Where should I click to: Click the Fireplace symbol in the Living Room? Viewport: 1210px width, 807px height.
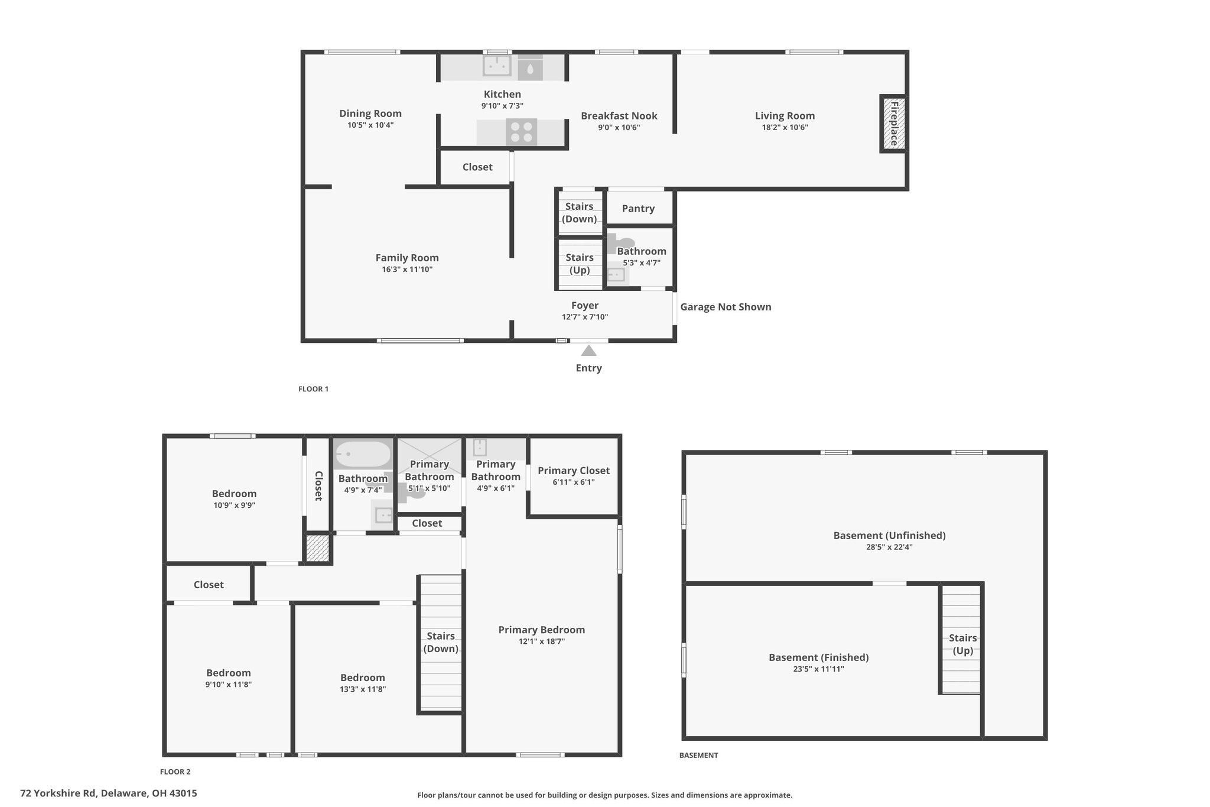coord(893,124)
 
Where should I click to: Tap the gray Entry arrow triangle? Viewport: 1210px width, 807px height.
coord(588,351)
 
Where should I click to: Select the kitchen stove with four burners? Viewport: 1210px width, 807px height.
coord(521,132)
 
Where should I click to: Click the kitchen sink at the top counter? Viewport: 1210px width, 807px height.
coord(497,66)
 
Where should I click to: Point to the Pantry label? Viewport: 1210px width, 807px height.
coord(638,209)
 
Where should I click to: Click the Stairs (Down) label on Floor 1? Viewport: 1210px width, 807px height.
coord(579,213)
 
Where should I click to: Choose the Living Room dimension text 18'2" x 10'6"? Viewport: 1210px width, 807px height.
coord(785,127)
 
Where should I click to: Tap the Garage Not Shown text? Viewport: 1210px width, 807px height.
coord(726,307)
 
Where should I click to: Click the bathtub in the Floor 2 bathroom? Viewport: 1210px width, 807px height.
coord(363,454)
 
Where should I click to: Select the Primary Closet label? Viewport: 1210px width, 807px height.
coord(573,471)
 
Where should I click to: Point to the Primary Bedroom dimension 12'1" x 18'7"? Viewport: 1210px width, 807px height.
coord(542,641)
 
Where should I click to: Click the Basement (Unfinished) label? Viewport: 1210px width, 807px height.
coord(889,536)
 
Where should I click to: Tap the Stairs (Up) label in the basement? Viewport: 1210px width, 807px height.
coord(962,644)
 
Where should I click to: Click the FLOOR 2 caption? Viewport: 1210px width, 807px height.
coord(175,772)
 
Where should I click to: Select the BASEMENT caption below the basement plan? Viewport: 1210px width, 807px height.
coord(698,755)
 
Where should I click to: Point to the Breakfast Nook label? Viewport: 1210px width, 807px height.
coord(619,116)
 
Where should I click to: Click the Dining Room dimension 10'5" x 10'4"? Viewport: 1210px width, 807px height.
coord(370,125)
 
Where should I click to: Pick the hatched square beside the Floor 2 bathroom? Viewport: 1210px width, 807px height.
coord(318,548)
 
